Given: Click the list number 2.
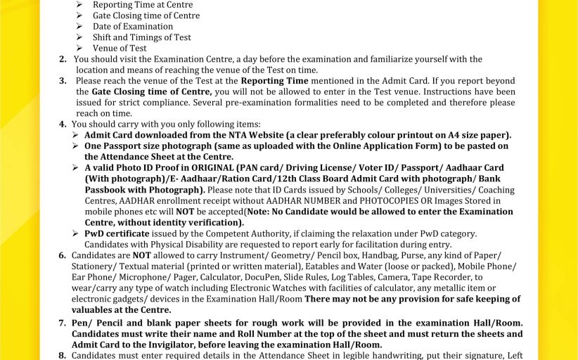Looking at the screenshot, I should [63, 59].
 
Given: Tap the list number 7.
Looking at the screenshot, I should [63, 322].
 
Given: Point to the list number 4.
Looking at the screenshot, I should [63, 124].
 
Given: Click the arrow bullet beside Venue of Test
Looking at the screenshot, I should [79, 48].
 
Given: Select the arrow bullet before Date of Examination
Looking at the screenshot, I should [79, 26].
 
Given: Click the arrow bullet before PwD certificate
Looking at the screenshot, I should [76, 233].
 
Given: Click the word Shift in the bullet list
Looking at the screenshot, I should [103, 37].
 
